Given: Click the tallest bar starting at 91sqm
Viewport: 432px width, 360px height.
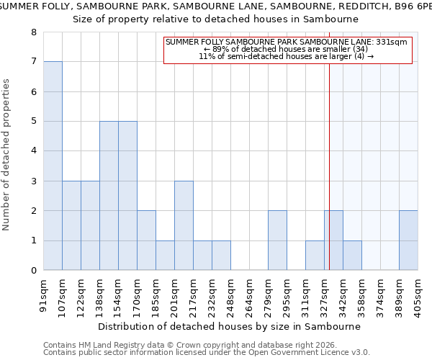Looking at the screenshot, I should click(53, 166).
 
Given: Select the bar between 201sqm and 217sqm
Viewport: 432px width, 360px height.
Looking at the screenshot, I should click(184, 225).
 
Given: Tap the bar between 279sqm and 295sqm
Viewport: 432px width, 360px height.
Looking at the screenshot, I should click(277, 240).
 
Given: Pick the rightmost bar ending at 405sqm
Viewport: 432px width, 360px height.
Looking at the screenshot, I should click(408, 240).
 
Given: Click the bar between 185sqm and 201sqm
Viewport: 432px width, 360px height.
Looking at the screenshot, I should click(165, 256).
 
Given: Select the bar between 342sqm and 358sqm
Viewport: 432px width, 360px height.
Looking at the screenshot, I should click(352, 256).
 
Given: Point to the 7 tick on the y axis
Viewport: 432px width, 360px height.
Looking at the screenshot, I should click(34, 62).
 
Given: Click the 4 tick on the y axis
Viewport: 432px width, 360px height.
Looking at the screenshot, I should click(34, 151).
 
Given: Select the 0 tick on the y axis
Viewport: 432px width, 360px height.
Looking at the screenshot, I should click(34, 271).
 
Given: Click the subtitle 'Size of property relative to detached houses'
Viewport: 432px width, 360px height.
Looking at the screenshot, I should click(216, 19).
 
